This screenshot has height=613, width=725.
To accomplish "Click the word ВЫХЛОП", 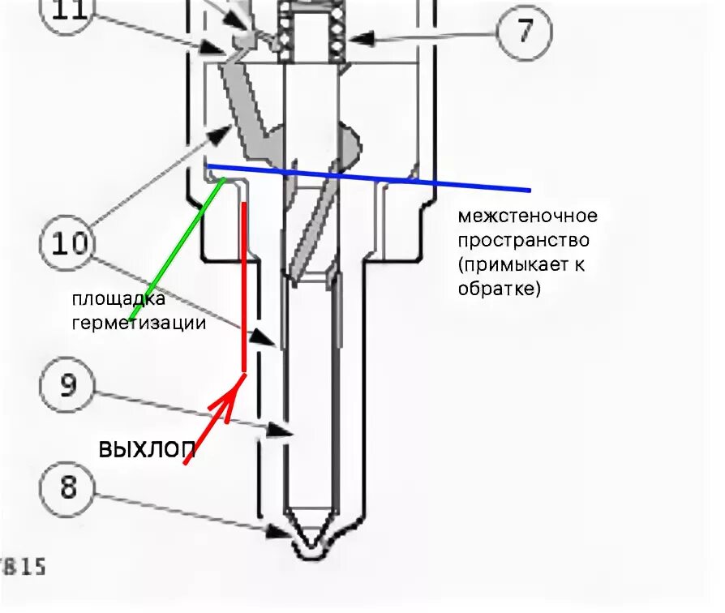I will [146, 449].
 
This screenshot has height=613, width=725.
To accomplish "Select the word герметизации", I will [139, 323].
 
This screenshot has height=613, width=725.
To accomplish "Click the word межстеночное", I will [527, 216].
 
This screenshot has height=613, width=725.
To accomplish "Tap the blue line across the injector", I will [365, 178].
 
